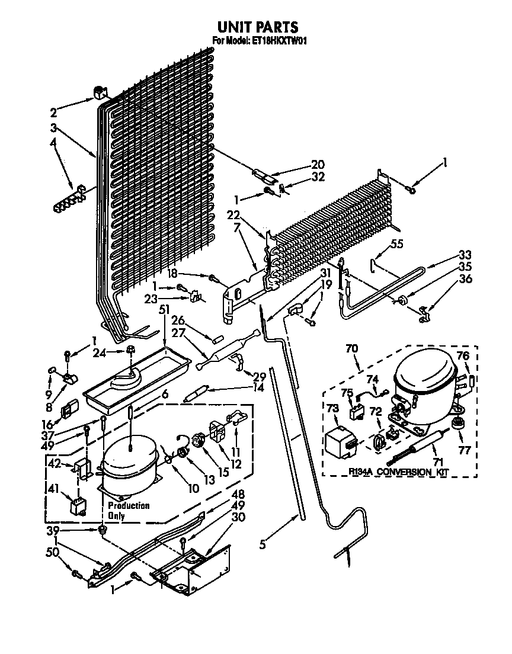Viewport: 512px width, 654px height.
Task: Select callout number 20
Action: tap(318, 165)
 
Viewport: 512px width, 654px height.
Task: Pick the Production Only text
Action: tap(128, 510)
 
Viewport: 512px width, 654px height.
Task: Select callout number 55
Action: tap(397, 243)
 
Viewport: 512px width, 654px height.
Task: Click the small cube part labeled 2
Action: tap(100, 92)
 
